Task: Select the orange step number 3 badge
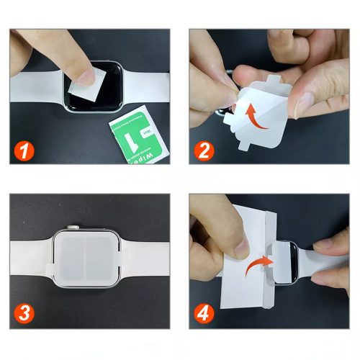[24, 315]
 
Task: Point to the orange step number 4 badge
[205, 315]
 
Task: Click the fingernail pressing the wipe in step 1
[87, 74]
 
